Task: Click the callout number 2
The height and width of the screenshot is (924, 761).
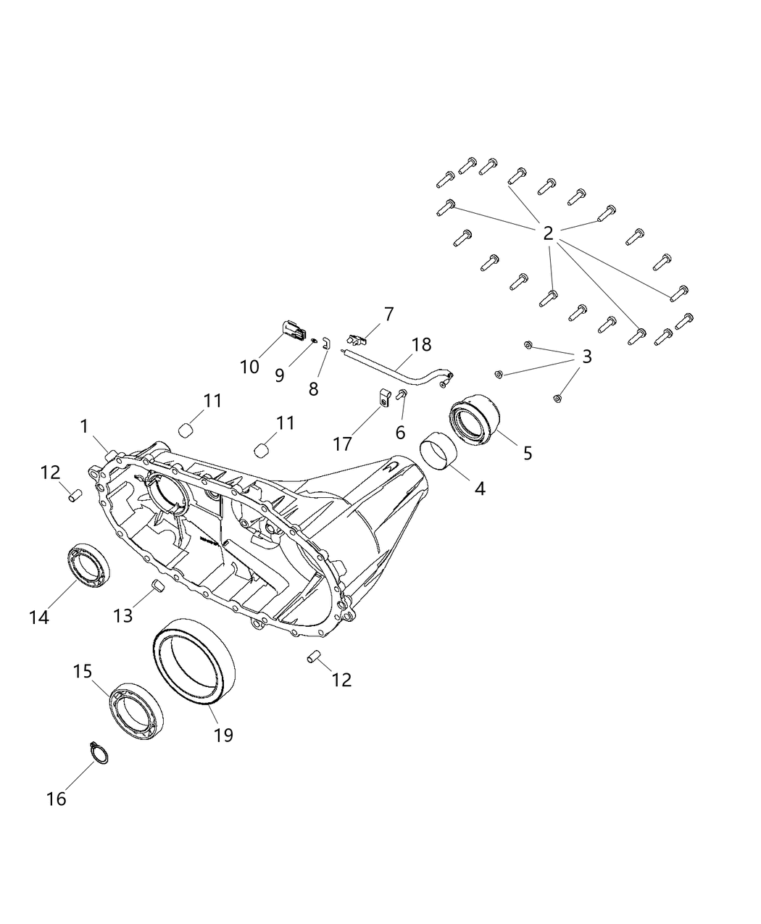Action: pos(548,233)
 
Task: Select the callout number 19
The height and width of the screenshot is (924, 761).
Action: pos(223,735)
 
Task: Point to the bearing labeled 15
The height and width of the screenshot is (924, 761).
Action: pos(136,710)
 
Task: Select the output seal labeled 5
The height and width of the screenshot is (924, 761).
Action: pos(475,421)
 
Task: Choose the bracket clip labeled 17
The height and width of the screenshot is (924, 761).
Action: pos(384,398)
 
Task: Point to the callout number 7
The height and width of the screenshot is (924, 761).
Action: pos(389,315)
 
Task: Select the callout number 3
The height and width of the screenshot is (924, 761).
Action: pos(586,357)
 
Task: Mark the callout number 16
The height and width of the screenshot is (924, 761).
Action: pos(56,799)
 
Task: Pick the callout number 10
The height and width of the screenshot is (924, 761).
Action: pos(249,367)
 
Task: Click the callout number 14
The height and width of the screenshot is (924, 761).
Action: pos(39,617)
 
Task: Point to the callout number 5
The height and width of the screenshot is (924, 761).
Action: pos(528,453)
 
